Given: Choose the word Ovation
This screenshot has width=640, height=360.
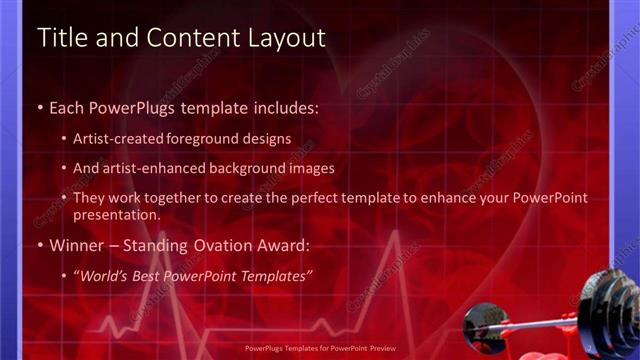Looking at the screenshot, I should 210,245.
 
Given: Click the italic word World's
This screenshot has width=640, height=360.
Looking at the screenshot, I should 106,275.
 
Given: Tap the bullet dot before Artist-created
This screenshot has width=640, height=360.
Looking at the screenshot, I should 64,140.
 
